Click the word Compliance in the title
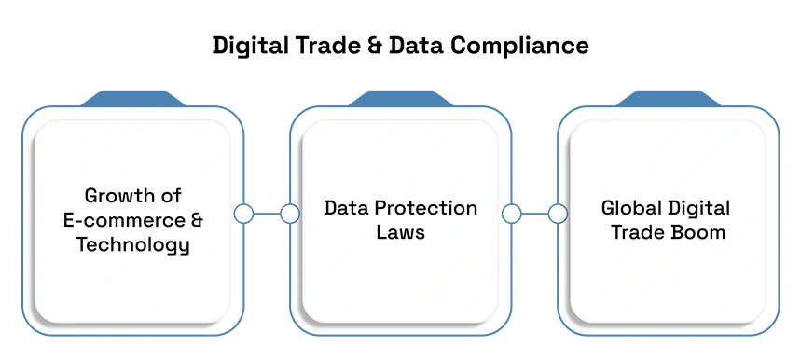(519, 47)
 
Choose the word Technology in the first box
(132, 245)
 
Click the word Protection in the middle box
(425, 208)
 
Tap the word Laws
(401, 232)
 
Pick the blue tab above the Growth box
(132, 99)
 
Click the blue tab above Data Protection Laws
(401, 99)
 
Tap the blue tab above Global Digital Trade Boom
(669, 99)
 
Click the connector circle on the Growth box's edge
(243, 214)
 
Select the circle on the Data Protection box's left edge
(290, 214)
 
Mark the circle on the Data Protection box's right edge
(511, 214)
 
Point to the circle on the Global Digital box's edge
(558, 214)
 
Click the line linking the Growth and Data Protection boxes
(267, 214)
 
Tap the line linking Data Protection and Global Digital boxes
(534, 214)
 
